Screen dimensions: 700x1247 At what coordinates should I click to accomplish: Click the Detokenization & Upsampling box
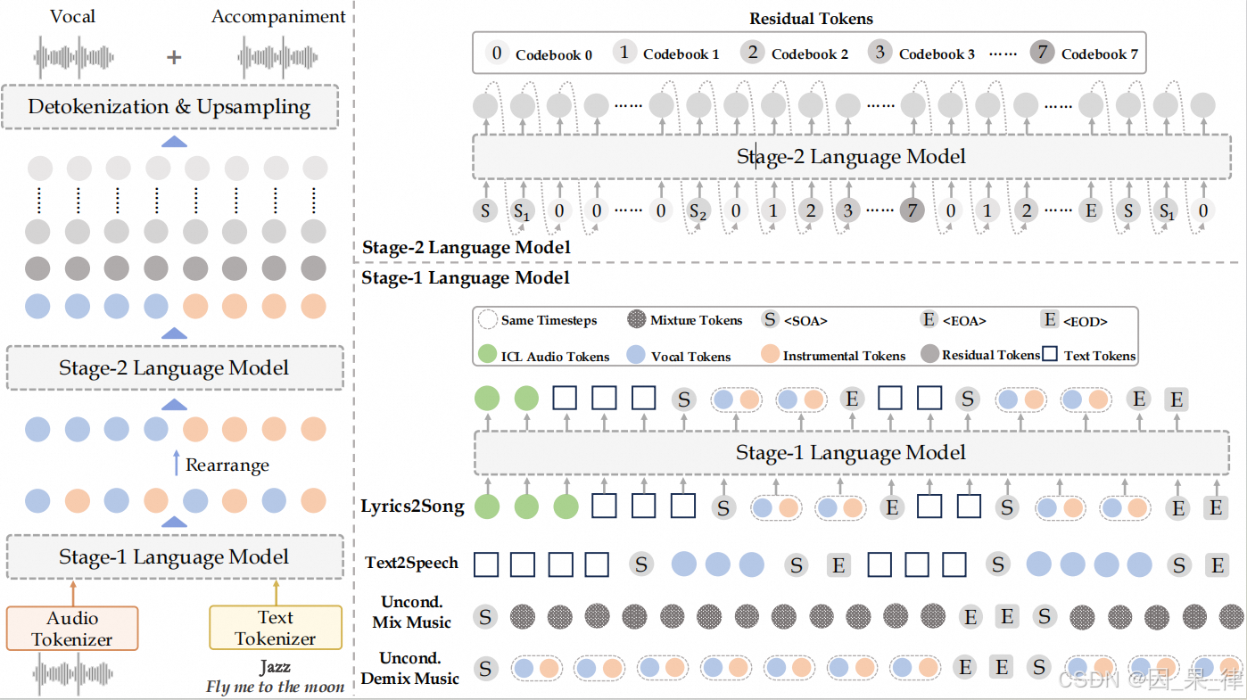(169, 107)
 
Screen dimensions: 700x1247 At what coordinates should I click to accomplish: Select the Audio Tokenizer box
(72, 628)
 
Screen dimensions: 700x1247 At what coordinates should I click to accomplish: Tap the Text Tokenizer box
(275, 628)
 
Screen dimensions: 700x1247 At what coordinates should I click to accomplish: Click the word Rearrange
(227, 465)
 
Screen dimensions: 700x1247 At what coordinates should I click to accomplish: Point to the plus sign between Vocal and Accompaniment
(175, 57)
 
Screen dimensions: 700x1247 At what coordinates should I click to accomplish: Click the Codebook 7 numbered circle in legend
(1041, 53)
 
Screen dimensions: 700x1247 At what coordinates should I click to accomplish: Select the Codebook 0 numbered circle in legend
(497, 53)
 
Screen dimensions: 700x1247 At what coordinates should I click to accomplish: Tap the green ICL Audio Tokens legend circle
(486, 355)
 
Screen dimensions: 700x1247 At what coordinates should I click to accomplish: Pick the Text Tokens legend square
(1051, 355)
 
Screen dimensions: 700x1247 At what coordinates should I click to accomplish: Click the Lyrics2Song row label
(412, 506)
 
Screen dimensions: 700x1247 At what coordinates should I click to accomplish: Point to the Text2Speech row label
(411, 563)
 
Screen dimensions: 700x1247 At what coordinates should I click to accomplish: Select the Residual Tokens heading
(811, 18)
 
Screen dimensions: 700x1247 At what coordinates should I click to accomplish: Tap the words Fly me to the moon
(275, 687)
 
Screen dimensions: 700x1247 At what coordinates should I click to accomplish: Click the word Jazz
(275, 667)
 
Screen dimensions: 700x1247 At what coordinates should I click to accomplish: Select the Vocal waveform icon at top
(75, 57)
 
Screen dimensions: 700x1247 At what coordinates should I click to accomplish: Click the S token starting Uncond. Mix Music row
(484, 616)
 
